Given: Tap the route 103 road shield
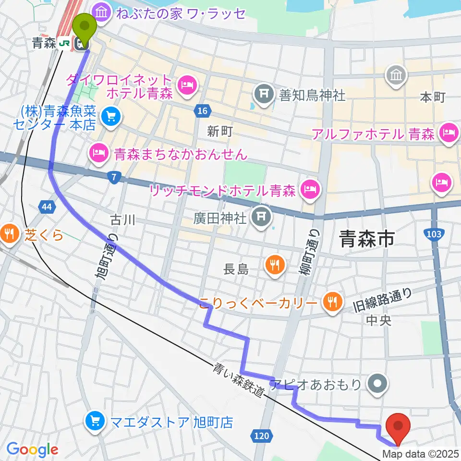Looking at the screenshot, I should [x=433, y=233].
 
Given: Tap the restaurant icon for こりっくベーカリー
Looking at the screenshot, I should [x=332, y=302].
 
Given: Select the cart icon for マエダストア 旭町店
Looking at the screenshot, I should [x=95, y=422].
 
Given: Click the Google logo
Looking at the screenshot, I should [x=32, y=449].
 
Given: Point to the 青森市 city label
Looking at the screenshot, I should [x=366, y=238].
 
